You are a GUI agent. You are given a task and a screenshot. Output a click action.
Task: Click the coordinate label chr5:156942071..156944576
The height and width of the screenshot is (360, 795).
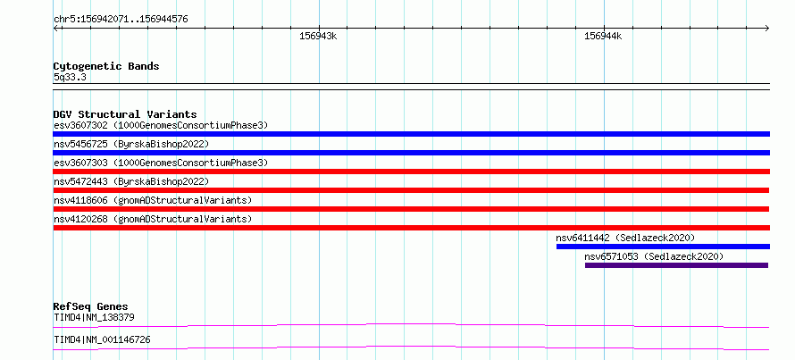pos(121,20)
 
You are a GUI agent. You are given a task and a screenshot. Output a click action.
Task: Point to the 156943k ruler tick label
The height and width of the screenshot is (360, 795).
pos(318,36)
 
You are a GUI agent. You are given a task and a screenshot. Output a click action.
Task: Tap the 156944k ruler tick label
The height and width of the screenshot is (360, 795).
pos(603,36)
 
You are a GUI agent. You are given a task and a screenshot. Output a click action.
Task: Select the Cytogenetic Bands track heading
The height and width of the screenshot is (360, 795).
pos(106,66)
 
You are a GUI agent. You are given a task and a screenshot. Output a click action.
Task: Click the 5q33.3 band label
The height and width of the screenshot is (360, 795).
pos(70,77)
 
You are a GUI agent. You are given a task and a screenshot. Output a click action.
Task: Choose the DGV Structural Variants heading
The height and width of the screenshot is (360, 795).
pos(125,114)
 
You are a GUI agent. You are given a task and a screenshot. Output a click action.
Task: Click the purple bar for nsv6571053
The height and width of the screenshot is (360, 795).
pos(676,265)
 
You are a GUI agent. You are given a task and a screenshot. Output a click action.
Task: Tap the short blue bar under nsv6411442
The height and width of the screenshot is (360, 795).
pos(663,247)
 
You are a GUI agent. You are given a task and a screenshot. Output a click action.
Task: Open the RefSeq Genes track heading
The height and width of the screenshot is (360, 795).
pos(91,306)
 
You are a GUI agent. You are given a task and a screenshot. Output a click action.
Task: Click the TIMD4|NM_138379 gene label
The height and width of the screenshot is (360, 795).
pos(94,318)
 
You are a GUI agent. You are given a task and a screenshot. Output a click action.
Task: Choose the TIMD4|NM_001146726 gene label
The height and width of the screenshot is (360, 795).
pos(102,339)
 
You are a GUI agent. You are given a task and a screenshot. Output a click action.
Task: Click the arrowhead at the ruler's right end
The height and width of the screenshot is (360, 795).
pos(767,29)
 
